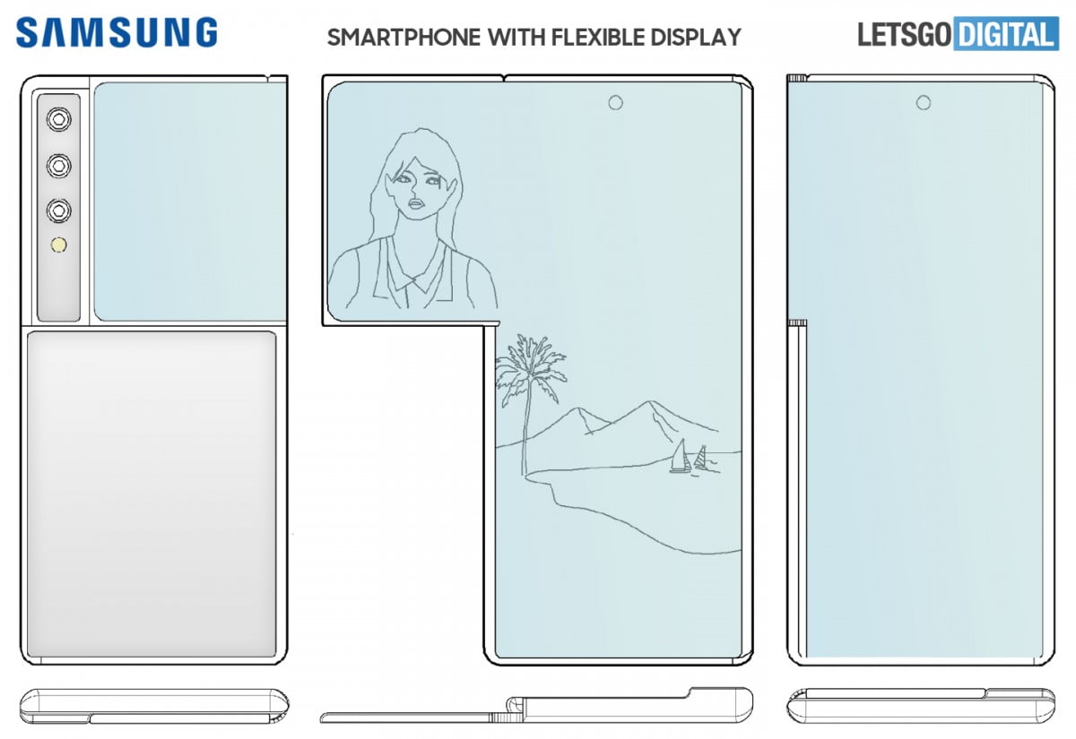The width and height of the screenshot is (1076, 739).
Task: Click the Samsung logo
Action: coord(117,33)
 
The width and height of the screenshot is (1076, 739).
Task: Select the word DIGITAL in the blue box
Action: coord(1004,35)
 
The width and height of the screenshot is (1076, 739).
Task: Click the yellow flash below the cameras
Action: coord(60,245)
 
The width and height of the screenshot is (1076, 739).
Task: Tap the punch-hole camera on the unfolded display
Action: coord(615,103)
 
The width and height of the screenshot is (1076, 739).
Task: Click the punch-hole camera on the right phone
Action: coord(923,103)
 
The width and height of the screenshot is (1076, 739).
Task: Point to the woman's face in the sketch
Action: coord(414,190)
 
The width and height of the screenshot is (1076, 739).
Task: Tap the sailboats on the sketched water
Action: coord(690,458)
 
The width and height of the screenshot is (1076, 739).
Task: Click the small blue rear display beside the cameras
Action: coord(188,202)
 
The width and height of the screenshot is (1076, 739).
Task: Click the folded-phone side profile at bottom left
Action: coord(153,706)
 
